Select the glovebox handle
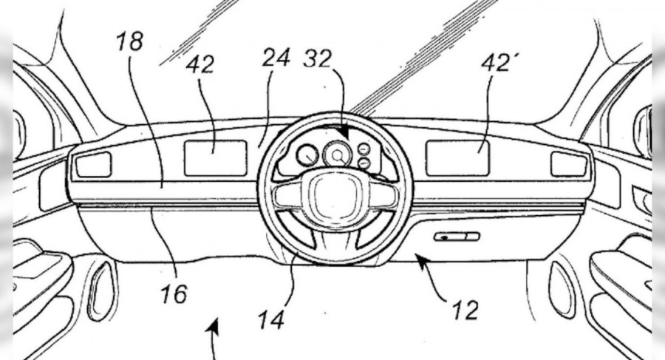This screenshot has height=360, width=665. [x=457, y=237]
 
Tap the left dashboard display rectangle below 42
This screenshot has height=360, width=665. [x=215, y=158]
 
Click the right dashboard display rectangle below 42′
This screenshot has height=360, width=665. [x=457, y=158]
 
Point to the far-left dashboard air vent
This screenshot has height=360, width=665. [x=93, y=164]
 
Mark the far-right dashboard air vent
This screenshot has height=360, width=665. [x=569, y=164]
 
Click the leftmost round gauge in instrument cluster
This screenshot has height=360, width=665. [x=306, y=155]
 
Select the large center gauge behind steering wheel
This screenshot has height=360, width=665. [x=337, y=155]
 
